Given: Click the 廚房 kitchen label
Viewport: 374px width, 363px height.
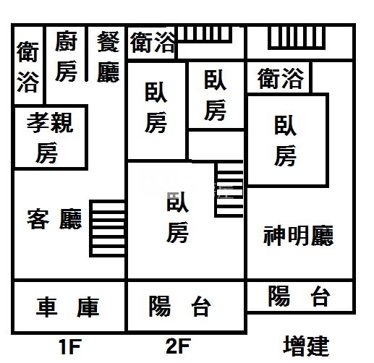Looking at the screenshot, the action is pyautogui.click(x=66, y=56).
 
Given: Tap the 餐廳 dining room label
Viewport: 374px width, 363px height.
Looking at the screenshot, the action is pyautogui.click(x=109, y=57).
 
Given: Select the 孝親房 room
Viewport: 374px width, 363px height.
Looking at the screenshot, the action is pyautogui.click(x=50, y=137).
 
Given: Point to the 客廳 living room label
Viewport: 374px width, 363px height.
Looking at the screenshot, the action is pyautogui.click(x=54, y=219).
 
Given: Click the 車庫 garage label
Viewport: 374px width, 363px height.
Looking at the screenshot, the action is pyautogui.click(x=68, y=307).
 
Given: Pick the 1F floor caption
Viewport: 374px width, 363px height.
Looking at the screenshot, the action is pyautogui.click(x=70, y=346).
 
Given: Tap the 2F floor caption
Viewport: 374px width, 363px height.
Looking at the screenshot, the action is pyautogui.click(x=179, y=346).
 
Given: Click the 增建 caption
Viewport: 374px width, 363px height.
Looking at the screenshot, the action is pyautogui.click(x=306, y=346).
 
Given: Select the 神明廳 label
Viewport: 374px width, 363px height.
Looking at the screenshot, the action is pyautogui.click(x=299, y=236).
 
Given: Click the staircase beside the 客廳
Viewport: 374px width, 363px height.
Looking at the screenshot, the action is pyautogui.click(x=108, y=229).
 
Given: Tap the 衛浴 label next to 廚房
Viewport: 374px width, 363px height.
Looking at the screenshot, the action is pyautogui.click(x=27, y=67).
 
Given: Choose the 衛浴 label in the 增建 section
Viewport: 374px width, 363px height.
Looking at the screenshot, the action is pyautogui.click(x=281, y=78).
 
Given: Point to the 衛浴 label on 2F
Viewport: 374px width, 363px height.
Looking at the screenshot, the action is pyautogui.click(x=153, y=43).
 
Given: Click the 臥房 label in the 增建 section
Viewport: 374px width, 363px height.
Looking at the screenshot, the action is pyautogui.click(x=285, y=141).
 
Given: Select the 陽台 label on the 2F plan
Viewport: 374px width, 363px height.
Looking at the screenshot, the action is pyautogui.click(x=180, y=307).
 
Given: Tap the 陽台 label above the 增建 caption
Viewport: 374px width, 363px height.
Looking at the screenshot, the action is pyautogui.click(x=299, y=296).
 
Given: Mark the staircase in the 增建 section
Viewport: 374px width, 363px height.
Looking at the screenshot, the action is pyautogui.click(x=297, y=38).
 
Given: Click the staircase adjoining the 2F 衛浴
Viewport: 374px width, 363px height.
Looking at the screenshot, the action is pyautogui.click(x=205, y=35).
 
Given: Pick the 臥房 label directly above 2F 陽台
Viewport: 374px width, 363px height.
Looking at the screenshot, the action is pyautogui.click(x=177, y=217).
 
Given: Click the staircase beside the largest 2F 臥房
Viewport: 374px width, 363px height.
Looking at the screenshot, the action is pyautogui.click(x=229, y=189).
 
